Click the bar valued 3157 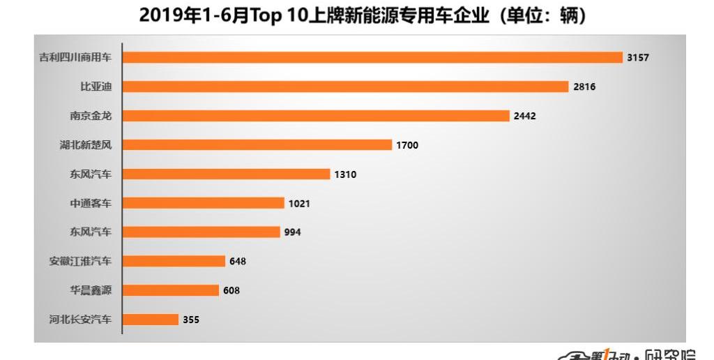372,57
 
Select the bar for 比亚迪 346,87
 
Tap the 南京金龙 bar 316,116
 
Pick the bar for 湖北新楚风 257,145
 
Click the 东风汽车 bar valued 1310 227,174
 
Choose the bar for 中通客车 204,203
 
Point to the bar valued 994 202,232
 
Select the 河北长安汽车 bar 151,320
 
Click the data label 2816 584,87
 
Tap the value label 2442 524,116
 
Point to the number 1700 407,145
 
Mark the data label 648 238,261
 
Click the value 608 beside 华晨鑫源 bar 231,290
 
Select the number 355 191,320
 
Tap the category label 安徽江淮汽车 79,261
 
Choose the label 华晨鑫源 90,290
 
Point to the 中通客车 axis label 90,203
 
